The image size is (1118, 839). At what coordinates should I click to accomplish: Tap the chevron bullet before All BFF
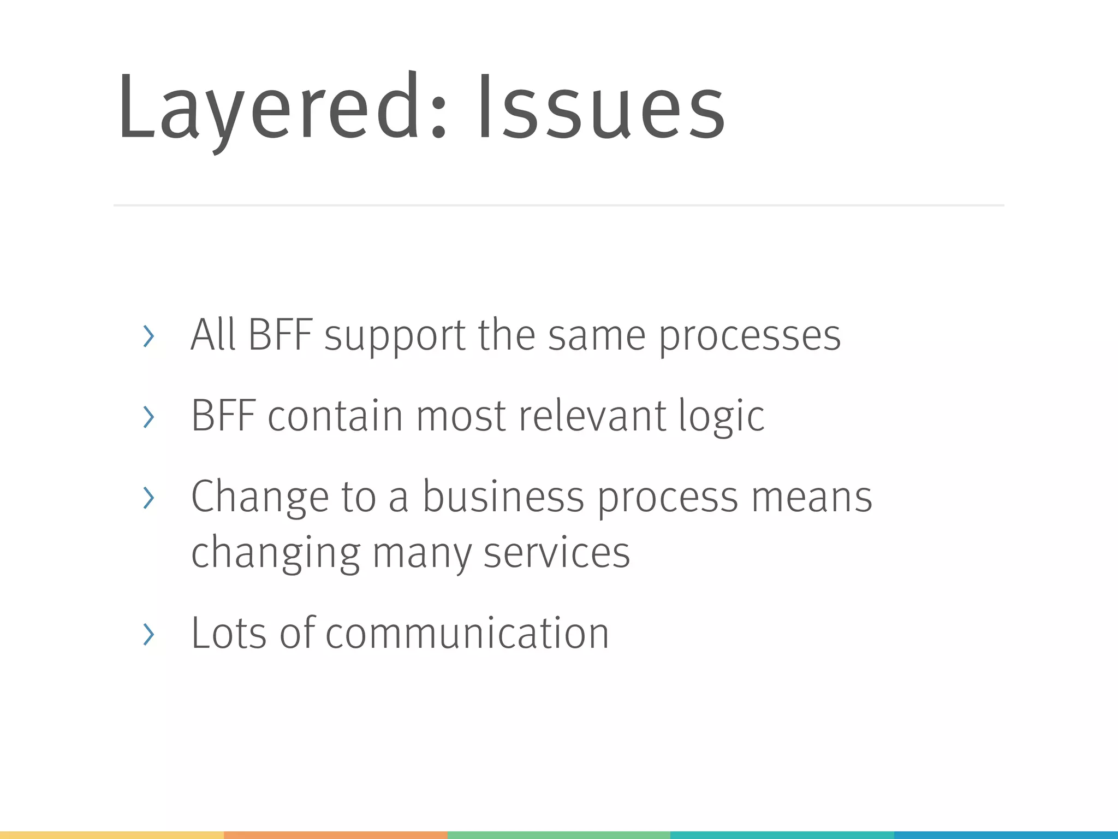pyautogui.click(x=148, y=335)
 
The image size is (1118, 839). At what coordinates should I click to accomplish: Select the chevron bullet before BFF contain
pyautogui.click(x=148, y=417)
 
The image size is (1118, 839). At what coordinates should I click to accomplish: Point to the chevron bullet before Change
pyautogui.click(x=148, y=497)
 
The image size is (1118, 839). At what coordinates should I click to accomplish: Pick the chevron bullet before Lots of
pyautogui.click(x=148, y=634)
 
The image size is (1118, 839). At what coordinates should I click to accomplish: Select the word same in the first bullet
pyautogui.click(x=597, y=335)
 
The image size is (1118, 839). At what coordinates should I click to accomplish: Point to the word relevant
pyautogui.click(x=592, y=417)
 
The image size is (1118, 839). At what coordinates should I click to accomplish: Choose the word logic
pyautogui.click(x=721, y=417)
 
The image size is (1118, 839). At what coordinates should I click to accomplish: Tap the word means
pyautogui.click(x=812, y=497)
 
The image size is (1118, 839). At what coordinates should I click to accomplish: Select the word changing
pyautogui.click(x=276, y=553)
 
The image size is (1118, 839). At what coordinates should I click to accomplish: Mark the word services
pyautogui.click(x=556, y=553)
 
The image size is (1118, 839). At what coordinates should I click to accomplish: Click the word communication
pyautogui.click(x=467, y=634)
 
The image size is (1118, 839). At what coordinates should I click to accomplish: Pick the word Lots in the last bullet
pyautogui.click(x=229, y=634)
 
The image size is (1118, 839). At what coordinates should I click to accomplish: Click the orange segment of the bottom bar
pyautogui.click(x=335, y=835)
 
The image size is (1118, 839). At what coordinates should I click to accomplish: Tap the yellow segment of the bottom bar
pyautogui.click(x=111, y=835)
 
